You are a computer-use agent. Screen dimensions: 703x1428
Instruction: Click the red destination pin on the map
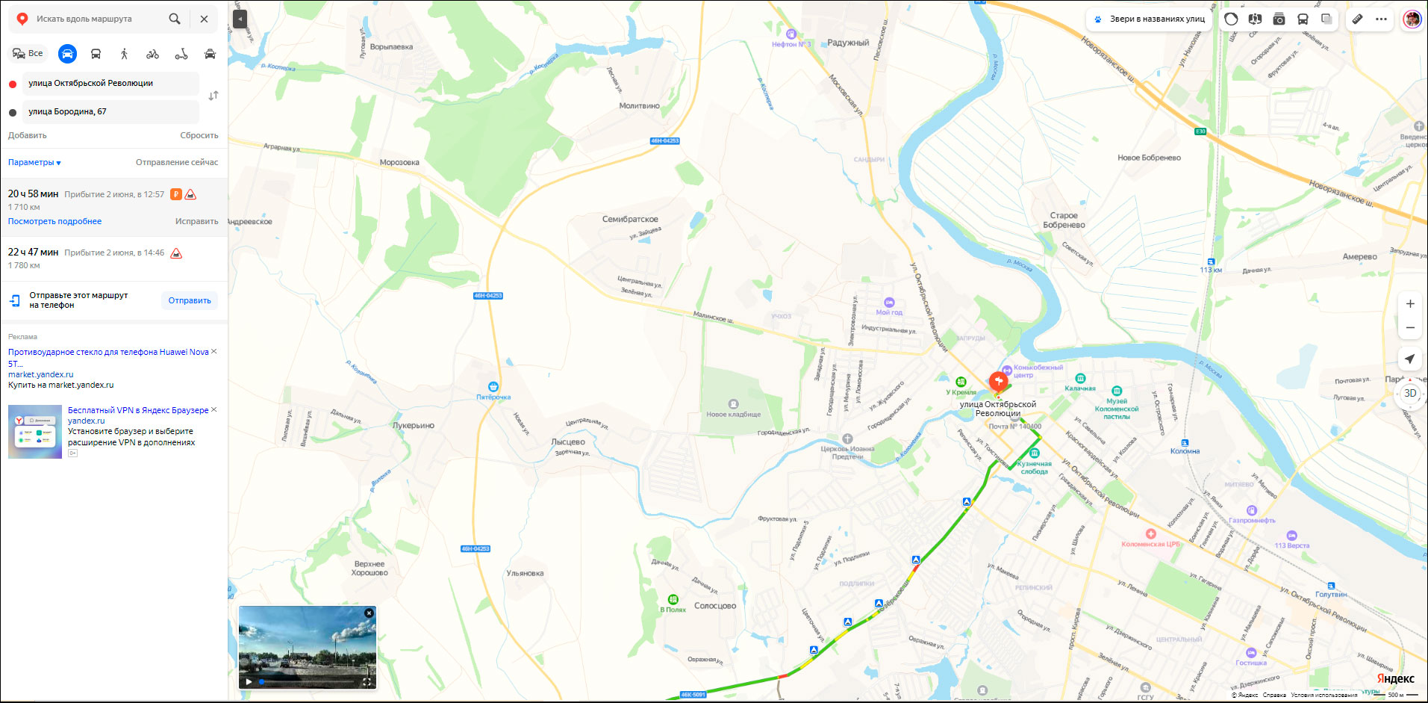998,381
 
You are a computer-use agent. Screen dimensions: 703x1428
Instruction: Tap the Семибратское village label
630,219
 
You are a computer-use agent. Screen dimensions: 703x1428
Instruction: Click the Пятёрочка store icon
493,386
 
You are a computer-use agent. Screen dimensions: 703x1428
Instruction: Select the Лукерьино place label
413,425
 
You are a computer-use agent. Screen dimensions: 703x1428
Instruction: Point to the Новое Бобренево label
1149,158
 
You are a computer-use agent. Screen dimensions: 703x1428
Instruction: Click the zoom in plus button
1410,304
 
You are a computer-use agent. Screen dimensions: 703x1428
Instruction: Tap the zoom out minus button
1410,328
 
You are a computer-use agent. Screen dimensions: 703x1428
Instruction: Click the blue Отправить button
190,300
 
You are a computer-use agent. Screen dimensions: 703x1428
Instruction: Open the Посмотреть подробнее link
54,221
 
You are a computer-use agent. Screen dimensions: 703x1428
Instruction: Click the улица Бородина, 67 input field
110,112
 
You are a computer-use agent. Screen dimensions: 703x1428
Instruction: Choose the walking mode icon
124,54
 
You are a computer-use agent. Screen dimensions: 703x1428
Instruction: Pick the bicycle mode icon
152,54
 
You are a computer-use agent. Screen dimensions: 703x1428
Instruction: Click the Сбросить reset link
199,135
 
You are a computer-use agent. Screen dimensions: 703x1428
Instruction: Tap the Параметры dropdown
34,162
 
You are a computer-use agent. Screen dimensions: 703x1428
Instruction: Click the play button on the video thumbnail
249,681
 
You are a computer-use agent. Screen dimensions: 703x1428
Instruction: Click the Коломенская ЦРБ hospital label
1150,544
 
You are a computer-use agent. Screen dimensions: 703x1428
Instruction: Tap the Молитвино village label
639,106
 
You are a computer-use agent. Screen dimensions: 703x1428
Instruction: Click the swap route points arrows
213,96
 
